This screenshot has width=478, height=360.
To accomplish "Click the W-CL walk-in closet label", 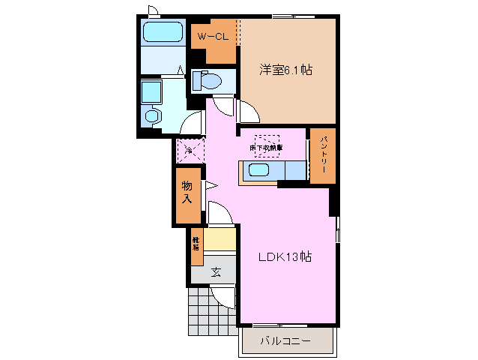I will (213, 36).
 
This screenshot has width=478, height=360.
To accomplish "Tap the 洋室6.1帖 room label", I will (285, 70).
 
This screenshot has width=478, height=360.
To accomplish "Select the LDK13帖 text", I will (285, 256).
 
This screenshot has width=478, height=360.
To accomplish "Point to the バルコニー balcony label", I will (285, 341).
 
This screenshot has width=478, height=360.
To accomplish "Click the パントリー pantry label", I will (323, 155).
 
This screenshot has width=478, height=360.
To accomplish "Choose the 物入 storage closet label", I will (187, 193).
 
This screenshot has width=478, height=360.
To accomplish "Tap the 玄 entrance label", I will (215, 272).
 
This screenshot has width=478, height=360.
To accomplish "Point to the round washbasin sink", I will (154, 116).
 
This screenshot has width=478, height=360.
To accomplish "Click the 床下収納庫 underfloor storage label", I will (266, 147).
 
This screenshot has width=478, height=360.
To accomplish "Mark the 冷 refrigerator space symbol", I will (189, 151).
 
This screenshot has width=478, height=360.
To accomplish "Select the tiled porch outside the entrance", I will (202, 308).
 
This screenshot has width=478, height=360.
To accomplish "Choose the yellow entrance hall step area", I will (220, 240).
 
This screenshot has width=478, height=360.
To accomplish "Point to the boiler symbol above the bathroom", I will (154, 10).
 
